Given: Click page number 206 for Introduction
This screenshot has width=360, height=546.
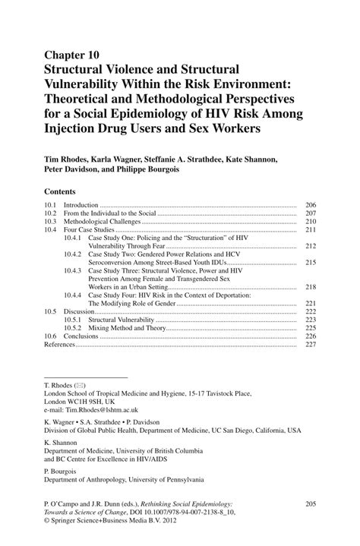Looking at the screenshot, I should click(x=310, y=206).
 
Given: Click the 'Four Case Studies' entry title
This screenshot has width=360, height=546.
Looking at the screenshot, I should click(x=89, y=229).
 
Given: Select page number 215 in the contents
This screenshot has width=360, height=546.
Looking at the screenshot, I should click(x=310, y=262).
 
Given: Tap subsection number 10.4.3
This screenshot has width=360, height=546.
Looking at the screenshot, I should click(x=73, y=270).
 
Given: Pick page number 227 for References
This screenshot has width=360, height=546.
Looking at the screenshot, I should click(x=310, y=344).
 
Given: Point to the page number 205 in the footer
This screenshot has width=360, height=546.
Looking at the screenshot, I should click(x=310, y=504).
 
